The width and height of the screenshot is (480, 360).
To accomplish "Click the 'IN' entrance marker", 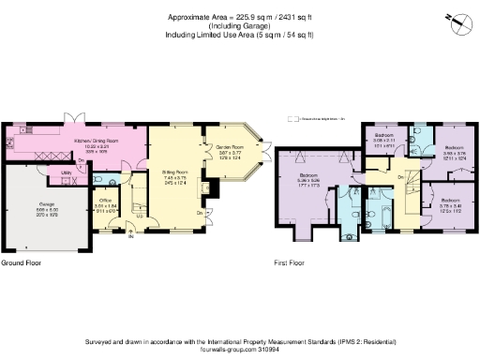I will point(130,236).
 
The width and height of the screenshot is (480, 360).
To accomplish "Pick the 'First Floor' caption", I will point(292,264).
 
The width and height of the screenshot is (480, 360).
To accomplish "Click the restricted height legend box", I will point(293,119).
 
